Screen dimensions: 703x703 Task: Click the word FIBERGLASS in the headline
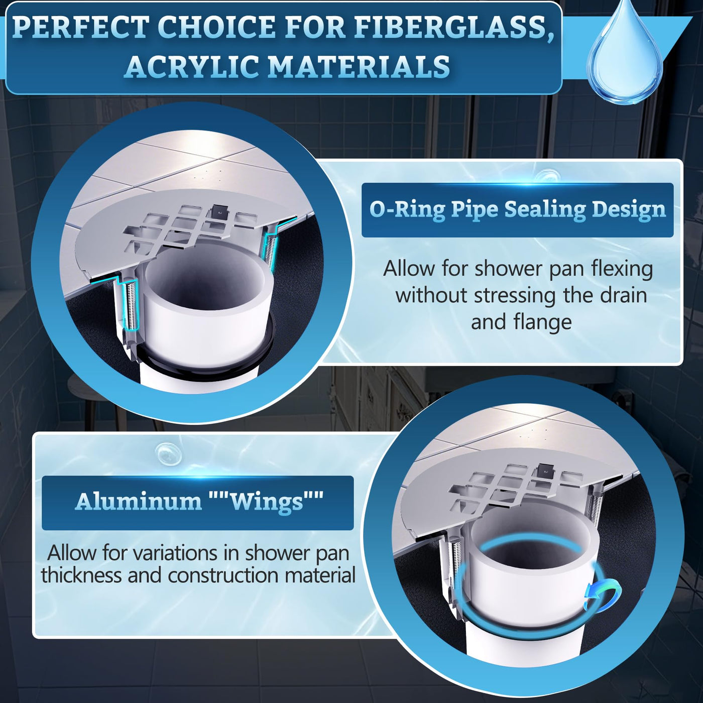tap(451, 27)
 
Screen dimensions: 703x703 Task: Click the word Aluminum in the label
tap(138, 501)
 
